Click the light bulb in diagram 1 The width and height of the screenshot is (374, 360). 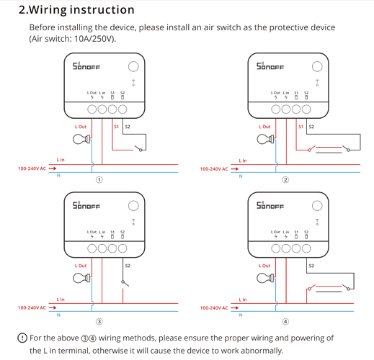(x=81, y=139)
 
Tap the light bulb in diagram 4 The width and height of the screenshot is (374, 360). (x=265, y=278)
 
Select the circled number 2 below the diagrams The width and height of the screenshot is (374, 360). (x=285, y=180)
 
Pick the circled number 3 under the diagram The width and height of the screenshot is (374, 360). (x=99, y=321)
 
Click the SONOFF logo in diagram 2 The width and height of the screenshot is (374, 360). (x=270, y=66)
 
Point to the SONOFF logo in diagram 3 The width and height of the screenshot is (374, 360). (x=86, y=205)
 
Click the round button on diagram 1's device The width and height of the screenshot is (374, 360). (x=133, y=66)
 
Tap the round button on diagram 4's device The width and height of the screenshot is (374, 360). (x=317, y=206)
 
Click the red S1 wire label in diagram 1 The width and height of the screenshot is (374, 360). (x=117, y=127)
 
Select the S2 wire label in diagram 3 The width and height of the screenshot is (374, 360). (x=128, y=266)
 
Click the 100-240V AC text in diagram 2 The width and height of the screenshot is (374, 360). (x=214, y=169)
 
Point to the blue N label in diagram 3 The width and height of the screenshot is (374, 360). (x=58, y=315)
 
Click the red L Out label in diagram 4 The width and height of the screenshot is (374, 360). (x=264, y=266)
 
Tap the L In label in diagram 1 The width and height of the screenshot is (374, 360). (x=61, y=160)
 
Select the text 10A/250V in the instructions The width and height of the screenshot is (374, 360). (x=94, y=39)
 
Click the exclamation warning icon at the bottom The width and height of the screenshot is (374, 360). (x=22, y=338)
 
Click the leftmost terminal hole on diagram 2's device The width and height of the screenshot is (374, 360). (x=275, y=109)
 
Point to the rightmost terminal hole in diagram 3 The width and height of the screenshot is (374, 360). (x=123, y=248)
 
